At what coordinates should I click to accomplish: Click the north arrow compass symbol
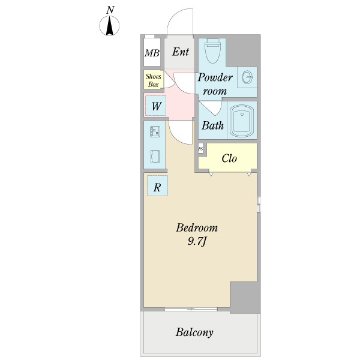click(x=109, y=25)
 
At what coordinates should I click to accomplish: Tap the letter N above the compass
click(x=110, y=10)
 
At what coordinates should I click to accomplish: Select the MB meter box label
click(x=152, y=53)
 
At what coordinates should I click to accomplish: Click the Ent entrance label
click(x=181, y=52)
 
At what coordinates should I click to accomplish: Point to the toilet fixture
click(x=213, y=50)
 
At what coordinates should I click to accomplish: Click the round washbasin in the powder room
click(x=247, y=77)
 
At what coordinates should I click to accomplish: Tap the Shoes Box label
click(x=154, y=80)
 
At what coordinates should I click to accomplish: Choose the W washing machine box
click(x=155, y=106)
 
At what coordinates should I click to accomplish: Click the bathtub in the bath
click(x=242, y=121)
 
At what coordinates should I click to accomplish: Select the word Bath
click(x=212, y=125)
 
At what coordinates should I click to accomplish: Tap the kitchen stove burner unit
click(x=155, y=132)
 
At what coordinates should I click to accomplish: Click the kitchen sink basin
click(x=155, y=157)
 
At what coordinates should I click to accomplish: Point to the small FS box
click(x=200, y=149)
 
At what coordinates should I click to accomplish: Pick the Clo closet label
click(x=229, y=158)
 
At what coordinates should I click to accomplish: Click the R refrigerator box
click(x=157, y=186)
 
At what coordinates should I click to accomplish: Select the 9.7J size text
click(x=197, y=242)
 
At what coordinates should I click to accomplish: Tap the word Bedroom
click(x=197, y=228)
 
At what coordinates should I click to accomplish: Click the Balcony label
click(x=194, y=332)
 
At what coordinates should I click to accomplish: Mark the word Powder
click(x=215, y=77)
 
